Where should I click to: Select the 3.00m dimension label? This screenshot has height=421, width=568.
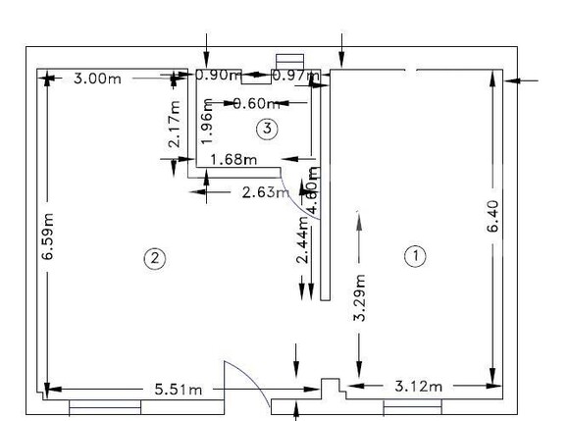(x=98, y=78)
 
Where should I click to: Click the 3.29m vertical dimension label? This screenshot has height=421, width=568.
(x=360, y=302)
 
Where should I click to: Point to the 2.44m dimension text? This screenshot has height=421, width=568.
(x=302, y=240)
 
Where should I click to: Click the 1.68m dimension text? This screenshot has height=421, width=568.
(x=233, y=159)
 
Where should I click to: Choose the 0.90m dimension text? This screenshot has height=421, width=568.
(x=219, y=75)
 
